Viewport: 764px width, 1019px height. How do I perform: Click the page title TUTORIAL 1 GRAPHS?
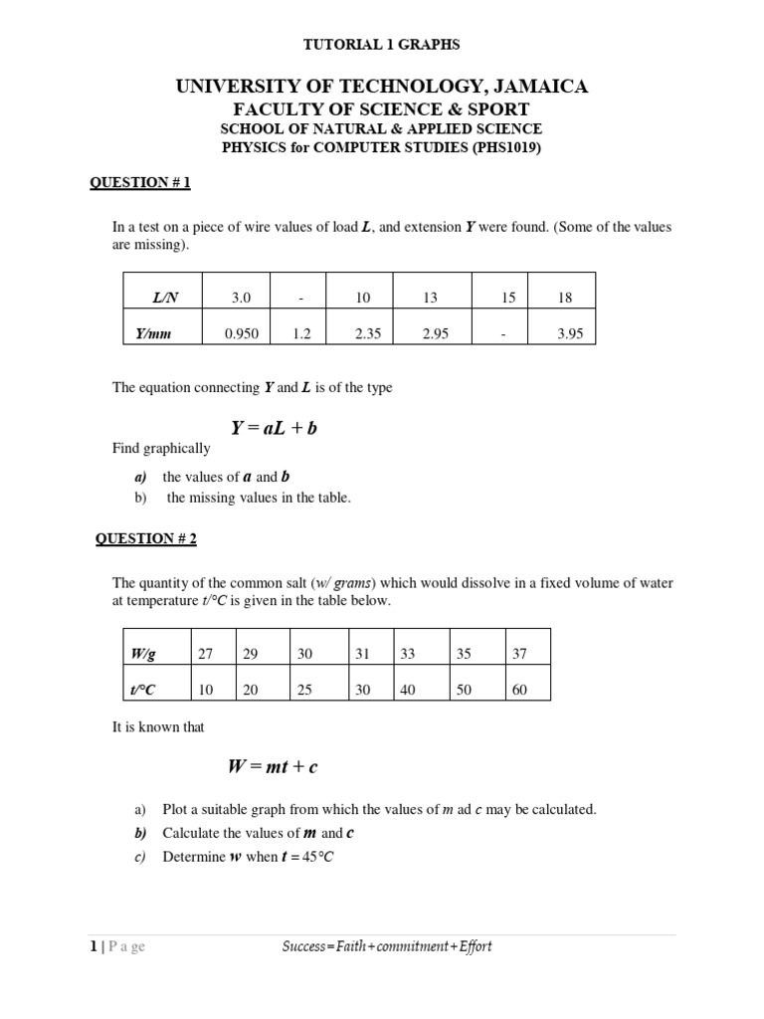(382, 45)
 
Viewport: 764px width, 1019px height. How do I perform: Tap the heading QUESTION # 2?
(146, 538)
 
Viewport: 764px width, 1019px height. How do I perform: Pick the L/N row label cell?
(162, 298)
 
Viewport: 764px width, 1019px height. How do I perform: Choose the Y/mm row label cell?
(153, 334)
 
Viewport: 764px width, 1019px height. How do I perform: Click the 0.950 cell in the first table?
(243, 334)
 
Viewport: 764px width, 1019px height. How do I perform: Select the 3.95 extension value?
(569, 334)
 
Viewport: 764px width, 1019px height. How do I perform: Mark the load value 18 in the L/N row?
(564, 298)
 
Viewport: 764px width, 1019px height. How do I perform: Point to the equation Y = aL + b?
(274, 428)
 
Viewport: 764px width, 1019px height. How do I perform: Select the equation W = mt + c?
(273, 767)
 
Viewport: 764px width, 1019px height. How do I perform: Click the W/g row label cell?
(143, 654)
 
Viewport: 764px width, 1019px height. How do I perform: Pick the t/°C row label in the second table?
(145, 690)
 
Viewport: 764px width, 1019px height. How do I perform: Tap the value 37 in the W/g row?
(519, 654)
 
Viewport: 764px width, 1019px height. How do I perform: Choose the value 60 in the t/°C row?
(519, 690)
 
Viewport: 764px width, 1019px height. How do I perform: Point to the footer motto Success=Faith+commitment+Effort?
(387, 946)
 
